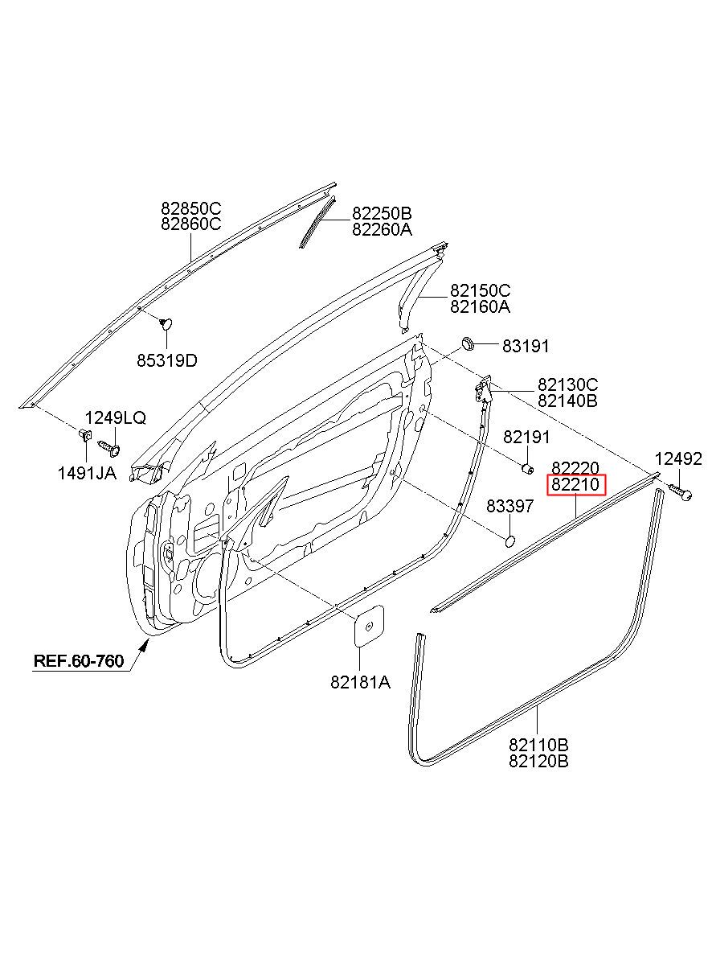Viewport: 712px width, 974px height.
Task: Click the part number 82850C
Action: coord(190,208)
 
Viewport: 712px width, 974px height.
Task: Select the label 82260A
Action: coord(382,229)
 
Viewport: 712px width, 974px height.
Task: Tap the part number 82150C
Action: coord(480,290)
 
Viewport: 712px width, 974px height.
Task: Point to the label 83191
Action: coord(526,346)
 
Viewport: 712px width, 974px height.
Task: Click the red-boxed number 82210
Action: coord(575,484)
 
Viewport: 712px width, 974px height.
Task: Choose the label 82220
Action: coord(575,468)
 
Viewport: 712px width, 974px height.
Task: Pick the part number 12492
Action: coord(678,458)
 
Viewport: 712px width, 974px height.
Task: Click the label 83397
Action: coord(509,506)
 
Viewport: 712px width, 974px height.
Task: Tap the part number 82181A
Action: coord(361,682)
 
